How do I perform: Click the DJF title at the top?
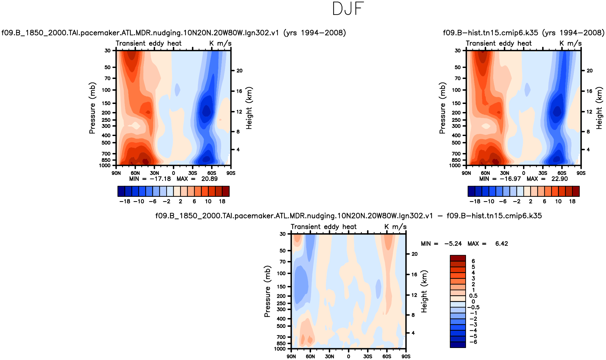(x=348, y=9)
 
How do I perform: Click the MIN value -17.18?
(x=160, y=179)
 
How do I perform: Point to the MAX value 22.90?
(x=559, y=179)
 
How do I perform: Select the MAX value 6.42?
(x=501, y=244)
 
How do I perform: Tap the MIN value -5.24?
(x=453, y=244)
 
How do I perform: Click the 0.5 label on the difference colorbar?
(x=473, y=296)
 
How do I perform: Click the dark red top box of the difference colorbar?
(x=458, y=258)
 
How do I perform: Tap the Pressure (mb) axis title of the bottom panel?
(x=267, y=291)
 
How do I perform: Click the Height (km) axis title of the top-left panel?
(x=249, y=108)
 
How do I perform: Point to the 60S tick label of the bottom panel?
(x=387, y=356)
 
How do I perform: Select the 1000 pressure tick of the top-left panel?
(x=105, y=166)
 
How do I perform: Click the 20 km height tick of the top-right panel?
(x=589, y=71)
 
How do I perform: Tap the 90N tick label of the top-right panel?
(x=466, y=173)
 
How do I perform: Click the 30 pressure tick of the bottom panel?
(x=282, y=234)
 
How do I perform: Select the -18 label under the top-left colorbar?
(x=125, y=201)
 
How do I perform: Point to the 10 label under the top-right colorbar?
(x=558, y=201)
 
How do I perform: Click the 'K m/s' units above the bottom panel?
(x=395, y=227)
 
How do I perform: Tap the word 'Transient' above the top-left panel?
(x=130, y=43)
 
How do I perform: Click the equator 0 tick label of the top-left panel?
(x=174, y=173)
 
